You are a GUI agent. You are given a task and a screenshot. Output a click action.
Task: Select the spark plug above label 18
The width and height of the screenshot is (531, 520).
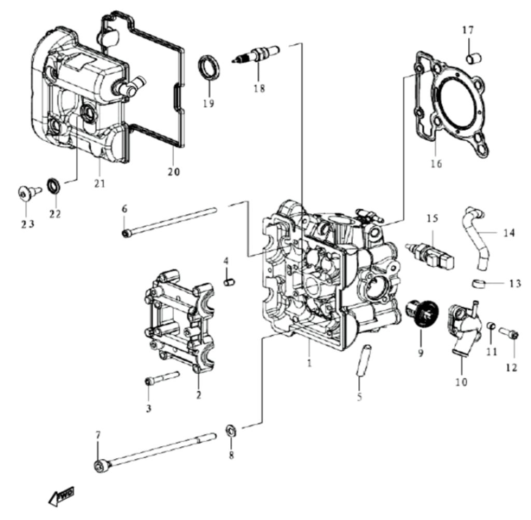(x=258, y=55)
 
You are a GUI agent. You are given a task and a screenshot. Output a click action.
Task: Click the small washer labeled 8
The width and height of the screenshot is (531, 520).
(x=231, y=430)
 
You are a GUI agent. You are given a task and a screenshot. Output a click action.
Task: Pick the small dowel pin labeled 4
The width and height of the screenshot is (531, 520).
(x=227, y=282)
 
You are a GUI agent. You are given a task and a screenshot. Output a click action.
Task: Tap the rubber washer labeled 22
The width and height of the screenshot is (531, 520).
(x=53, y=184)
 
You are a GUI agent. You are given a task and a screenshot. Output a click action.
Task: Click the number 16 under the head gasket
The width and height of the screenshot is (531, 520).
(x=436, y=164)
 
